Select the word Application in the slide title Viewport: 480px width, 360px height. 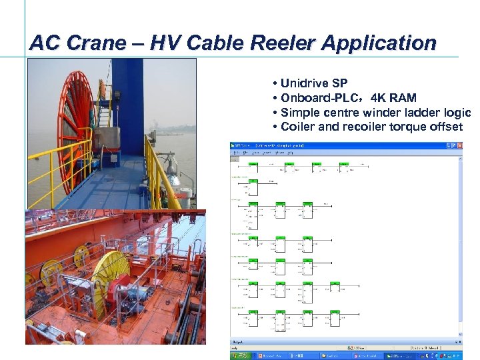click(379, 43)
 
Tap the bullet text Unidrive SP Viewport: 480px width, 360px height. click(314, 83)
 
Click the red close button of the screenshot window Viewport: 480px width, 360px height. click(459, 145)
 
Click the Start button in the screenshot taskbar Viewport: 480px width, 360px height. click(239, 355)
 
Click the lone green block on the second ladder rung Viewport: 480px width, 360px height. click(253, 181)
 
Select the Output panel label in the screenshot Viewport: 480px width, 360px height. click(236, 342)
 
